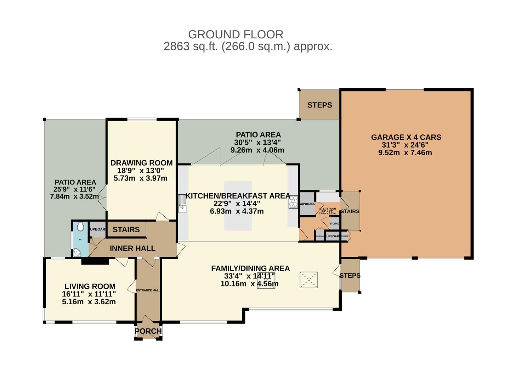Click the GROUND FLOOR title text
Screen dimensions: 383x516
(236, 34)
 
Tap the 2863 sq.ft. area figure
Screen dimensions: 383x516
(191, 46)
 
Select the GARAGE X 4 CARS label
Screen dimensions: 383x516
(406, 137)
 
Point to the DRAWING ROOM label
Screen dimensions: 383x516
(141, 163)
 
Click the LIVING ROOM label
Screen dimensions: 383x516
(90, 286)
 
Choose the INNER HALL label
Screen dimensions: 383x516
(132, 248)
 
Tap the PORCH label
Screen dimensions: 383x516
(148, 331)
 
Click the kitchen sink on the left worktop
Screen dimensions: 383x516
(183, 204)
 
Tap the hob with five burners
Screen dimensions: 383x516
(294, 202)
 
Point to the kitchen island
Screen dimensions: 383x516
(238, 206)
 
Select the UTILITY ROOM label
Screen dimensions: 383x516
(328, 209)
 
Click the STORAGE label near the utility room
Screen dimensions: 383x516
(335, 223)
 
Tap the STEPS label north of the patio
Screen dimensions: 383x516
(319, 105)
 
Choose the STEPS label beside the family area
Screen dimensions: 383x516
(350, 276)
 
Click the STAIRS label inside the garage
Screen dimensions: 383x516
(350, 211)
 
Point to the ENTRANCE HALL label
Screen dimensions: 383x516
(148, 290)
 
